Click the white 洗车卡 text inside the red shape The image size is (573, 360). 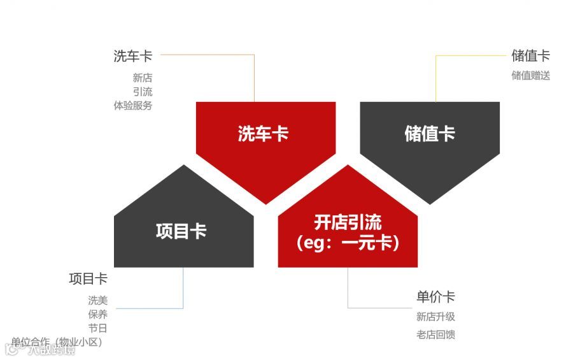[x=263, y=134]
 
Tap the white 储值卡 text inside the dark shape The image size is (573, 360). [x=430, y=134]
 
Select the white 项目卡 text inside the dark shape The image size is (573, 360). [x=181, y=231]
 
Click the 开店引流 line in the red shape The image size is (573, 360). [x=348, y=222]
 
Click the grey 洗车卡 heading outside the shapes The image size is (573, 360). [x=133, y=56]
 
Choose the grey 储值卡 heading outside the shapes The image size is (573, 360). [x=530, y=56]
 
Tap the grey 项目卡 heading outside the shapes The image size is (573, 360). [x=88, y=279]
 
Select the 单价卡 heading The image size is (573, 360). [x=435, y=297]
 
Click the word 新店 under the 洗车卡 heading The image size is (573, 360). [x=143, y=78]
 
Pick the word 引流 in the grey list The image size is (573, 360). [x=143, y=92]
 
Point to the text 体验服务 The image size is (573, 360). [x=133, y=106]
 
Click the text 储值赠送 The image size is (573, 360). [x=530, y=75]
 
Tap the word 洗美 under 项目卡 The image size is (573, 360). [x=97, y=300]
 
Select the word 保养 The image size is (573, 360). [x=97, y=314]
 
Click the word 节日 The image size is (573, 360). [x=97, y=328]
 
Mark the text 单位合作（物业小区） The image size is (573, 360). [x=57, y=342]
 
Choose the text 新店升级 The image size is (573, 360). [x=435, y=317]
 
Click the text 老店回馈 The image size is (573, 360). [x=435, y=335]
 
